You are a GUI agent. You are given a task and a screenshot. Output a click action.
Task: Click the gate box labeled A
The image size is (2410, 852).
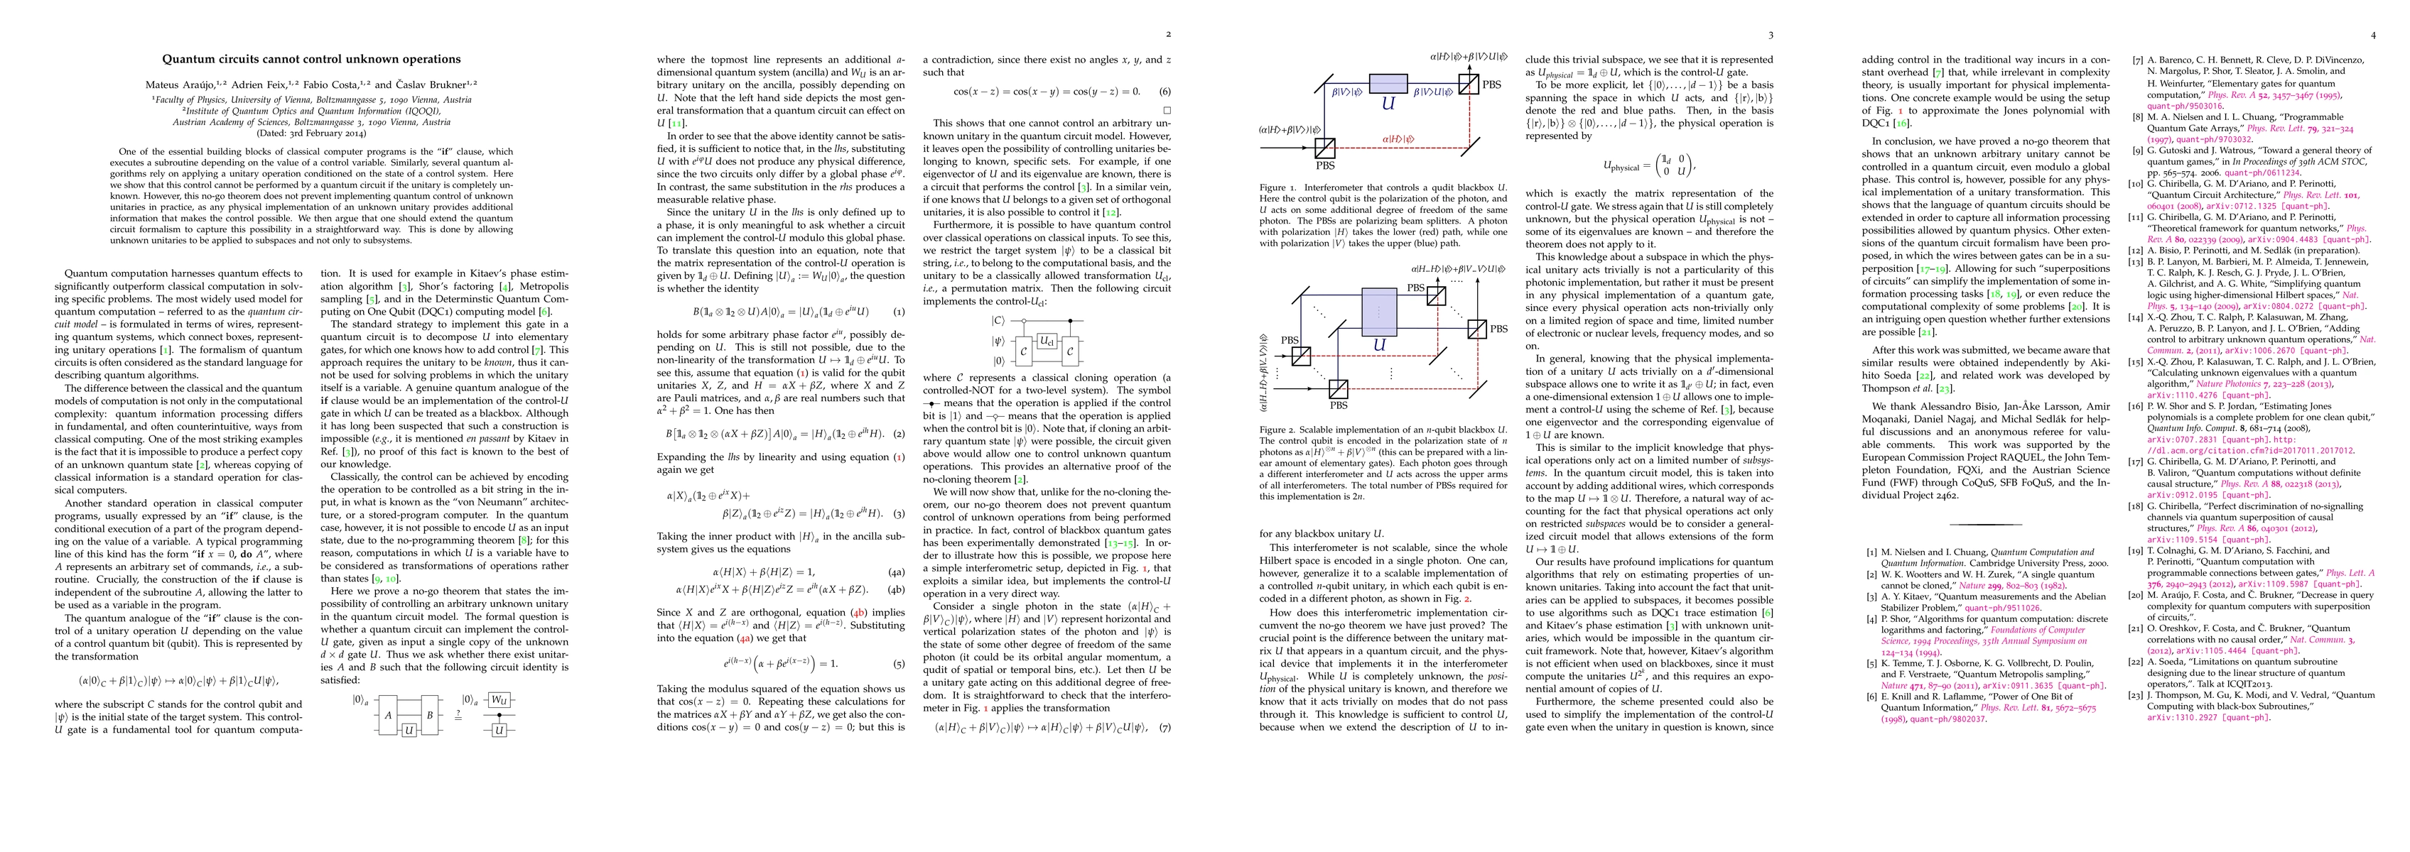387,714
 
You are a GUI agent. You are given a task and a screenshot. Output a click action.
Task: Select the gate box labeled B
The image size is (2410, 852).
431,714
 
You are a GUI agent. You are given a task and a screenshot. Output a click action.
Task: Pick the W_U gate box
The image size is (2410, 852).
499,699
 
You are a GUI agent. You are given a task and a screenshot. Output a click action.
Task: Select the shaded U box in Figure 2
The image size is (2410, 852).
1378,312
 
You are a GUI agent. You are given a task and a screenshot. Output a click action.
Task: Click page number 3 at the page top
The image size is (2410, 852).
1771,35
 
